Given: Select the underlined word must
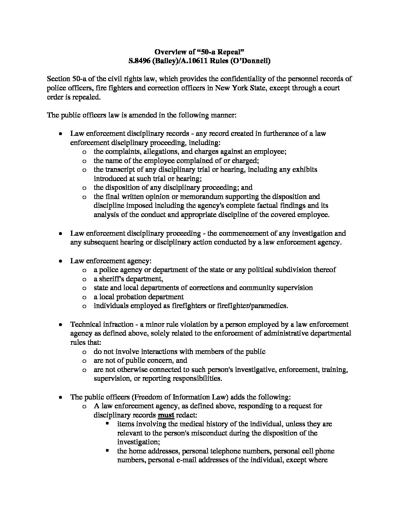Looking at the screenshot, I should coord(166,415).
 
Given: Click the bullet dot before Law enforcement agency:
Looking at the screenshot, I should coord(61,261).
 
